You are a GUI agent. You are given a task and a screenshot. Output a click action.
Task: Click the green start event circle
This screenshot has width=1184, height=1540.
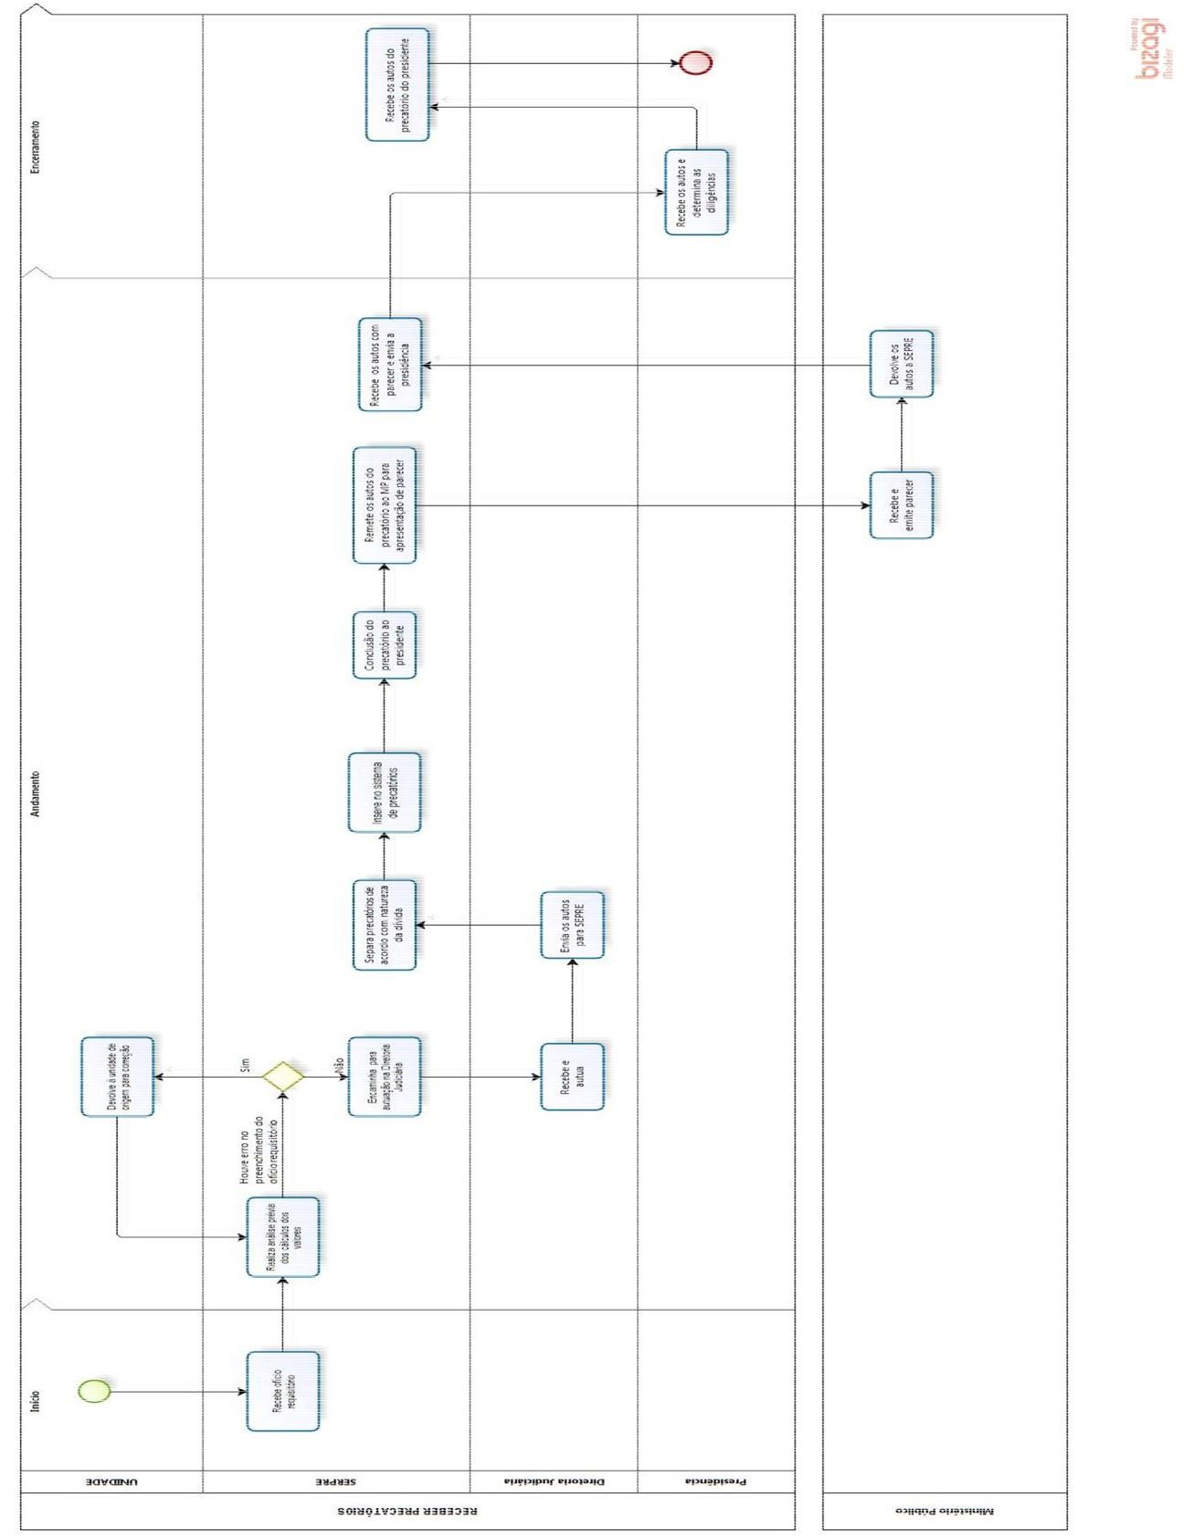[94, 1391]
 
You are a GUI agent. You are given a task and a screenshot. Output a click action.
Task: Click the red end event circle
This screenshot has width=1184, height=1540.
[695, 63]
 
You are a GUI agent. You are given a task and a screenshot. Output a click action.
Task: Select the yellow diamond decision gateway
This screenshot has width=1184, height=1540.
[283, 1077]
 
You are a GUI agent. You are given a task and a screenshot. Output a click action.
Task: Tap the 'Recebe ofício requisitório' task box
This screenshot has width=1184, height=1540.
[283, 1391]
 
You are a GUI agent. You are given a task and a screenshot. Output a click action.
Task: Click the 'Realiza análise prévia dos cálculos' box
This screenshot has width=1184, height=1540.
[283, 1237]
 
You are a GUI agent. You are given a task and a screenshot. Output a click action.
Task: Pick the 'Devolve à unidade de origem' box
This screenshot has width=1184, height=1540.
[118, 1077]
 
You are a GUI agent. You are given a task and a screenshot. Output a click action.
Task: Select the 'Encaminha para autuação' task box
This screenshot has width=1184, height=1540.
[385, 1077]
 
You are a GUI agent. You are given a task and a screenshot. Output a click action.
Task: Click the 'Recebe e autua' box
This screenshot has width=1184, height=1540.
[572, 1077]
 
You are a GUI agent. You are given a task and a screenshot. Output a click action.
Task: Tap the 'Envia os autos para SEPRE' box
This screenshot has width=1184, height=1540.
[572, 925]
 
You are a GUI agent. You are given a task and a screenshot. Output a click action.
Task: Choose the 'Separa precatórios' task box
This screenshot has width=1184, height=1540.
[385, 925]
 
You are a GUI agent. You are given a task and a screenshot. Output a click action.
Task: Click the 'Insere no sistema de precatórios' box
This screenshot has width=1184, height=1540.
[385, 792]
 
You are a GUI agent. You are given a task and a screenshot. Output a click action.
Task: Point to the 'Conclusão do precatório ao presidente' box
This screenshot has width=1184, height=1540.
[385, 645]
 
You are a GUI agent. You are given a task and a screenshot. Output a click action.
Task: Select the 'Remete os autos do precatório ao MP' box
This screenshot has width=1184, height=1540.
[385, 505]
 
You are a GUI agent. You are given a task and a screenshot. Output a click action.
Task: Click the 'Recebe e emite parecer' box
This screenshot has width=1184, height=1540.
[902, 505]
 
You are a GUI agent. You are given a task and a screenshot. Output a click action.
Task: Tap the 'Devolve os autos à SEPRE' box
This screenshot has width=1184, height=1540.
[902, 364]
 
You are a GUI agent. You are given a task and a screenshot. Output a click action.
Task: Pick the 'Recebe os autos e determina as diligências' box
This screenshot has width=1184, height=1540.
[696, 192]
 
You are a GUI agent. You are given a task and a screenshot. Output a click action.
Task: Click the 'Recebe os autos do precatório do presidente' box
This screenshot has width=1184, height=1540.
[397, 85]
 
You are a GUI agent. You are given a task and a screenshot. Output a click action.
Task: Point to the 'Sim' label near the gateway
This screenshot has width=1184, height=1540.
[245, 1066]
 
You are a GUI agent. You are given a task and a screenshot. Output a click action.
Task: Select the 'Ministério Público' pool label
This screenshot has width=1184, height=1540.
[945, 1511]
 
